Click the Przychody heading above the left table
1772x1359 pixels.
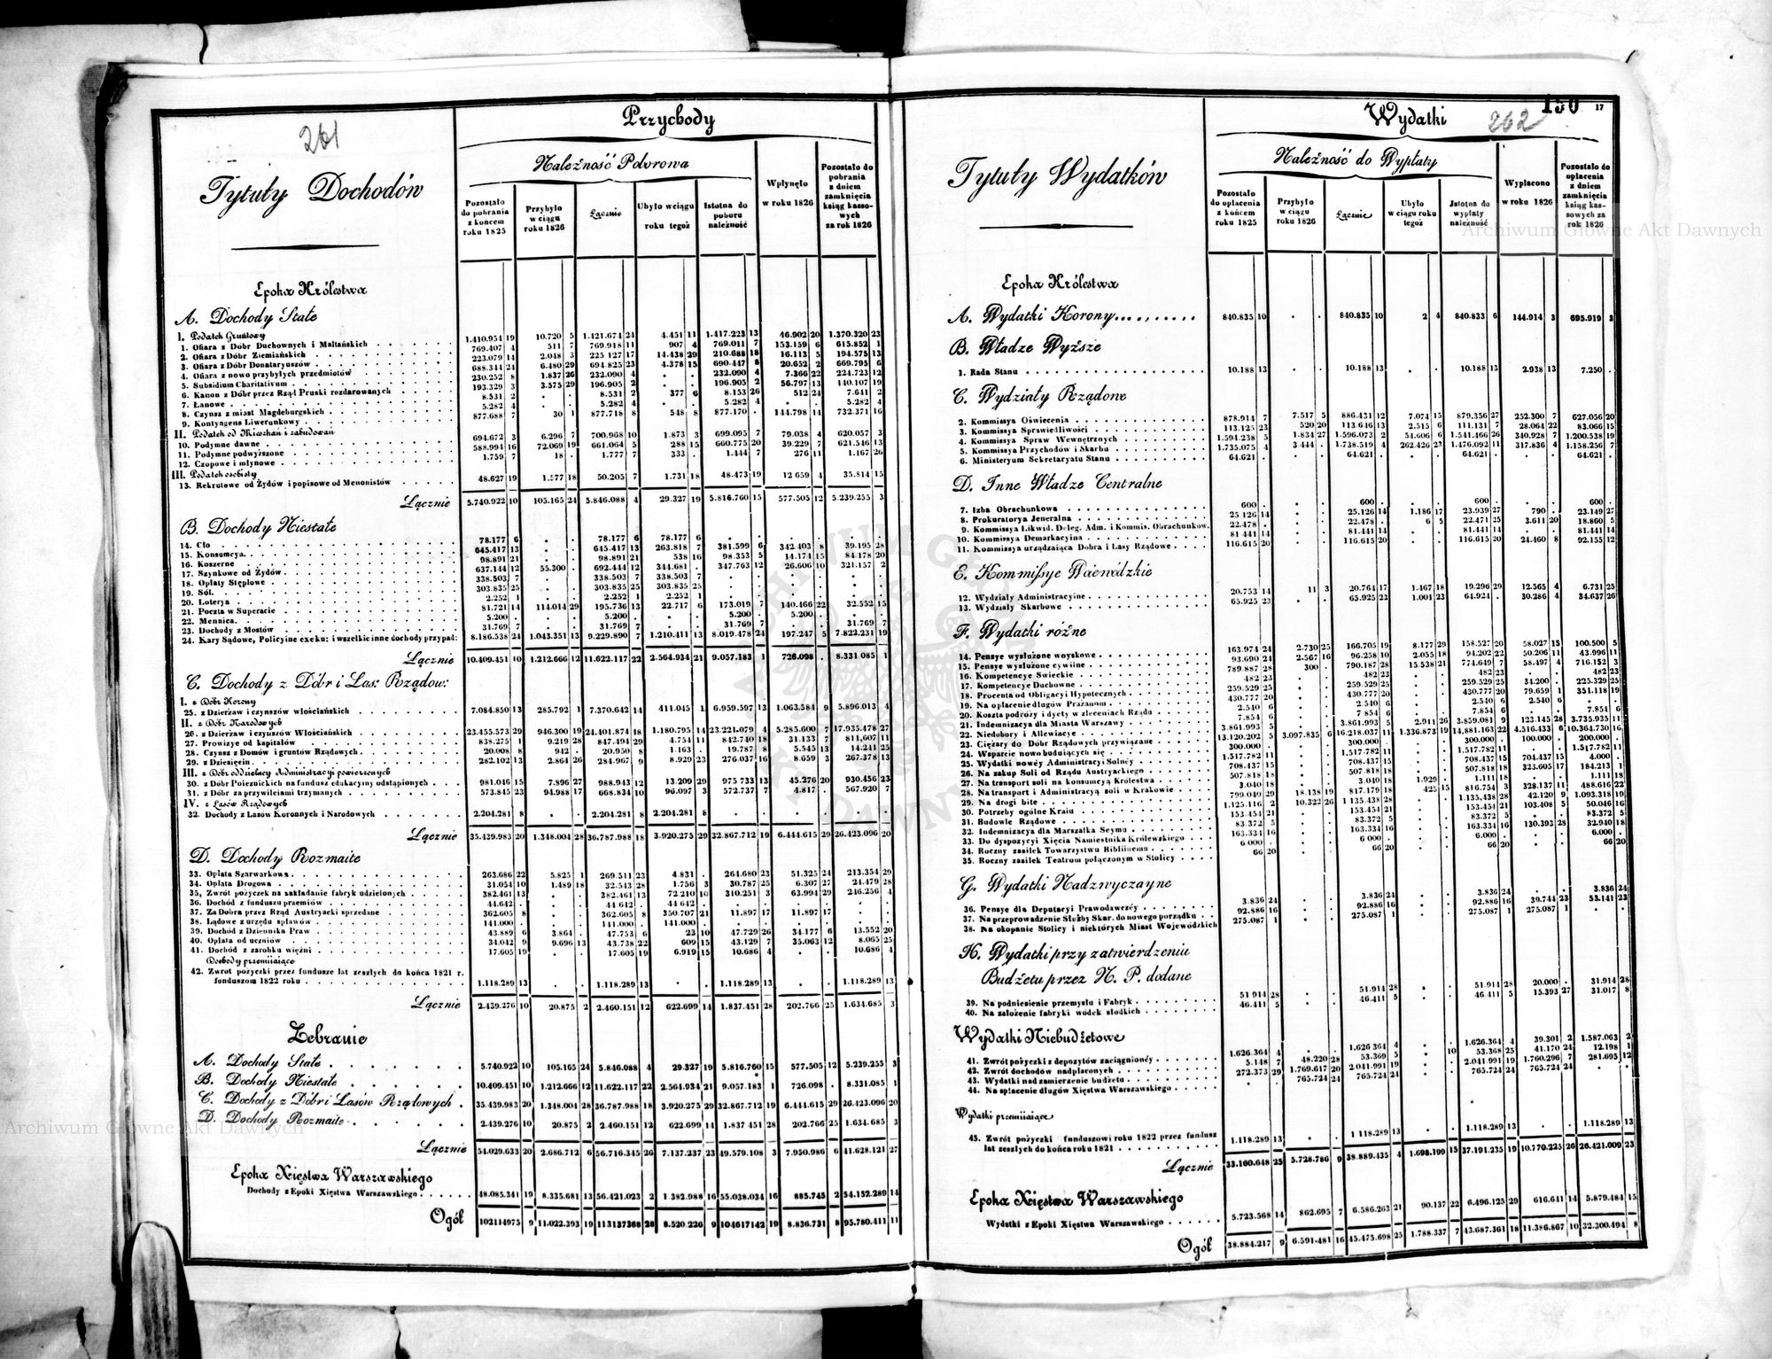click(668, 119)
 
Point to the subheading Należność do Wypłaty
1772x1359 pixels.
click(1356, 160)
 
